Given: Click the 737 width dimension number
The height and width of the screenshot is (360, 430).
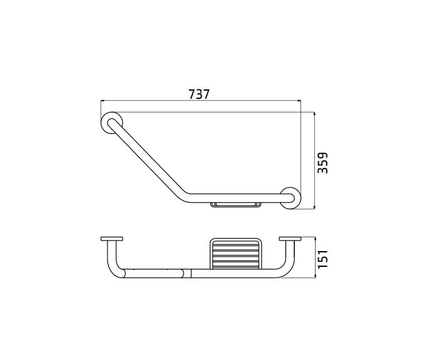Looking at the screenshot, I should [199, 94].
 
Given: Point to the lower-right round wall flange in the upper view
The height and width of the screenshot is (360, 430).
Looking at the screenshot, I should [290, 197].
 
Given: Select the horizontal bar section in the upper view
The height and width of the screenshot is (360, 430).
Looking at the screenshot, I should [239, 198].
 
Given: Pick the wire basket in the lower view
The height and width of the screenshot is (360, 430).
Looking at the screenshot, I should [235, 253].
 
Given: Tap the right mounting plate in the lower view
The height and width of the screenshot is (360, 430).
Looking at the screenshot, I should [290, 239].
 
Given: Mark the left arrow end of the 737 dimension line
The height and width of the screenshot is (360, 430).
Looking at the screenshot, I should [102, 101].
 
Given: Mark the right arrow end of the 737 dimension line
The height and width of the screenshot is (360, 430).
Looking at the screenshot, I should [300, 101].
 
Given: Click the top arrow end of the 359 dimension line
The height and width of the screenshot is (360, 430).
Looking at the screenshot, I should [314, 114].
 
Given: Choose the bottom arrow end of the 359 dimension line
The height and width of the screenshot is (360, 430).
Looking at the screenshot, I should [314, 208].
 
